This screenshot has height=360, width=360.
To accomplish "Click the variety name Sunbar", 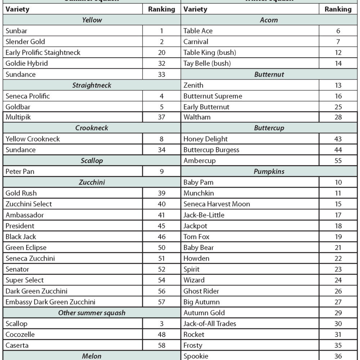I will pos(16,31).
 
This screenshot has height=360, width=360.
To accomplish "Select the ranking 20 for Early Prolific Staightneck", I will pos(162,53).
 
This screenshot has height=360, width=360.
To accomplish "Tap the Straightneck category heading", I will pos(92,85).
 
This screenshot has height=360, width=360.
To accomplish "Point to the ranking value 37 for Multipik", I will pos(162,117).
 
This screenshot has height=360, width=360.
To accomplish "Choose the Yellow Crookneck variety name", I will pos(33,139).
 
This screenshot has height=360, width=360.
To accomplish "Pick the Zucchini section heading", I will pos(92,183).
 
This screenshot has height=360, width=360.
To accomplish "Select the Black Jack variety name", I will pos(21,237).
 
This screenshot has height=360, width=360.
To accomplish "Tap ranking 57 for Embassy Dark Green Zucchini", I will pos(162,302).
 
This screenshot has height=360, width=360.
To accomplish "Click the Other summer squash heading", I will pos(92,313).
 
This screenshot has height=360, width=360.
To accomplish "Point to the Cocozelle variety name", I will pos(20,334).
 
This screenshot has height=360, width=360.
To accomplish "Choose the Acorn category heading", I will pos(269,20).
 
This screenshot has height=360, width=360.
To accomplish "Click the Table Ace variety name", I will pos(198,31).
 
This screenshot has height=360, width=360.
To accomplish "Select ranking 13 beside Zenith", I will pos(338,85).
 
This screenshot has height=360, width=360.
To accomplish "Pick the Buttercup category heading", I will pos(269,128).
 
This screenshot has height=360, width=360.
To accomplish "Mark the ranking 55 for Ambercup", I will pos(338,161).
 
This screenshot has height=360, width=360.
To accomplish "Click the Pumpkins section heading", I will pos(269,172).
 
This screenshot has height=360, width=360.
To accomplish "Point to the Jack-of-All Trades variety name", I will pos(210,324).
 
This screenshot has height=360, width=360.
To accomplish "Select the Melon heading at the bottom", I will pos(92,356).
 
